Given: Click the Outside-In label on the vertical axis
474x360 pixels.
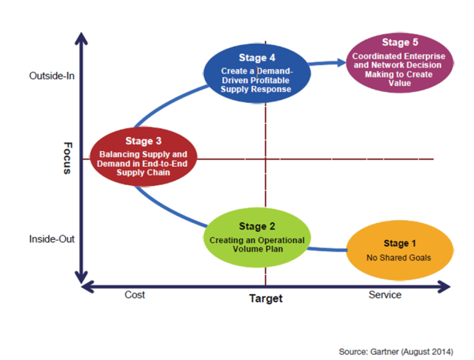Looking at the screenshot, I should point(52,76).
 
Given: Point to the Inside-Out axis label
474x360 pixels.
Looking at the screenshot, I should point(52,239).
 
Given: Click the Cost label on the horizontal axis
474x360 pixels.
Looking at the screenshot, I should point(133,295).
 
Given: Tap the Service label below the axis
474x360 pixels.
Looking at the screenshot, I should point(385,295).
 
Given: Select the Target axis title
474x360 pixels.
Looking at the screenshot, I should point(265,299).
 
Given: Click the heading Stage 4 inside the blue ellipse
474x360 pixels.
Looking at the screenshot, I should point(257,57).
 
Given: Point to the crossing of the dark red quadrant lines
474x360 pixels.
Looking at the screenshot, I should point(264,159).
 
